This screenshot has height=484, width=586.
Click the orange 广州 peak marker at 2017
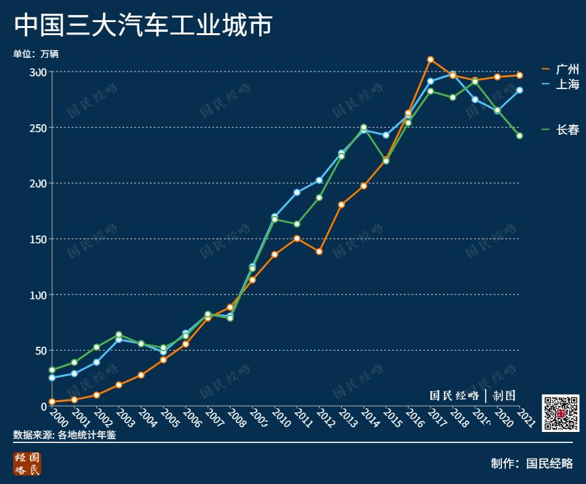coord(430,60)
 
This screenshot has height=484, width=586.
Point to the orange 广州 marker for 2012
coord(319,252)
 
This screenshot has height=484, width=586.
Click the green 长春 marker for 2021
coord(520,136)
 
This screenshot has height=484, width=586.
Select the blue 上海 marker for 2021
coord(520,90)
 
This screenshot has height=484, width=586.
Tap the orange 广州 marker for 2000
coord(52,402)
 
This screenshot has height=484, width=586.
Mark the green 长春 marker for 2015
coord(386,161)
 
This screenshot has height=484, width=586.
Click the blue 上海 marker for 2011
coord(297,193)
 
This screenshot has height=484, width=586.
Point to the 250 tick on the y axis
coord(38,128)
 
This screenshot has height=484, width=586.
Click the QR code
coord(561,413)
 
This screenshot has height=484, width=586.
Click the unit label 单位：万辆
coord(40,54)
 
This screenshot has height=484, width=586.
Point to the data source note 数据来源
coord(64,435)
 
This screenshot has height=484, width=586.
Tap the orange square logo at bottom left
coord(27,463)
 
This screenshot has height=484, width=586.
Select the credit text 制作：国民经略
coord(532,463)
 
